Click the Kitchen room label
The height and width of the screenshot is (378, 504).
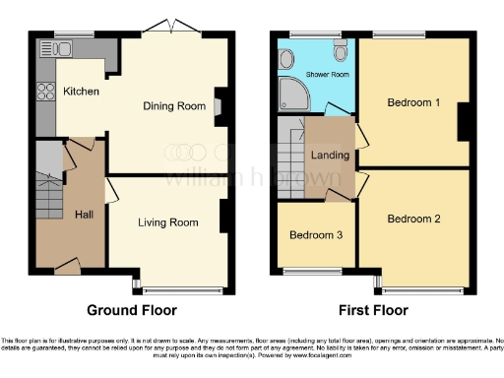(81, 92)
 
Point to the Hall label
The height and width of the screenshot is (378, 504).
(84, 215)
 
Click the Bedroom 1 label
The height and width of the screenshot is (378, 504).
(413, 102)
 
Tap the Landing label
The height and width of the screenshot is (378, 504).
(329, 154)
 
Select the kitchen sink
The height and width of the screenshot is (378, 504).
(57, 48)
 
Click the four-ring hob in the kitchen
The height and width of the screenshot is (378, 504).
(45, 93)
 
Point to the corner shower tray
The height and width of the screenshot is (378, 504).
(292, 94)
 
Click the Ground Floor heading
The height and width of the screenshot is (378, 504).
(132, 310)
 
